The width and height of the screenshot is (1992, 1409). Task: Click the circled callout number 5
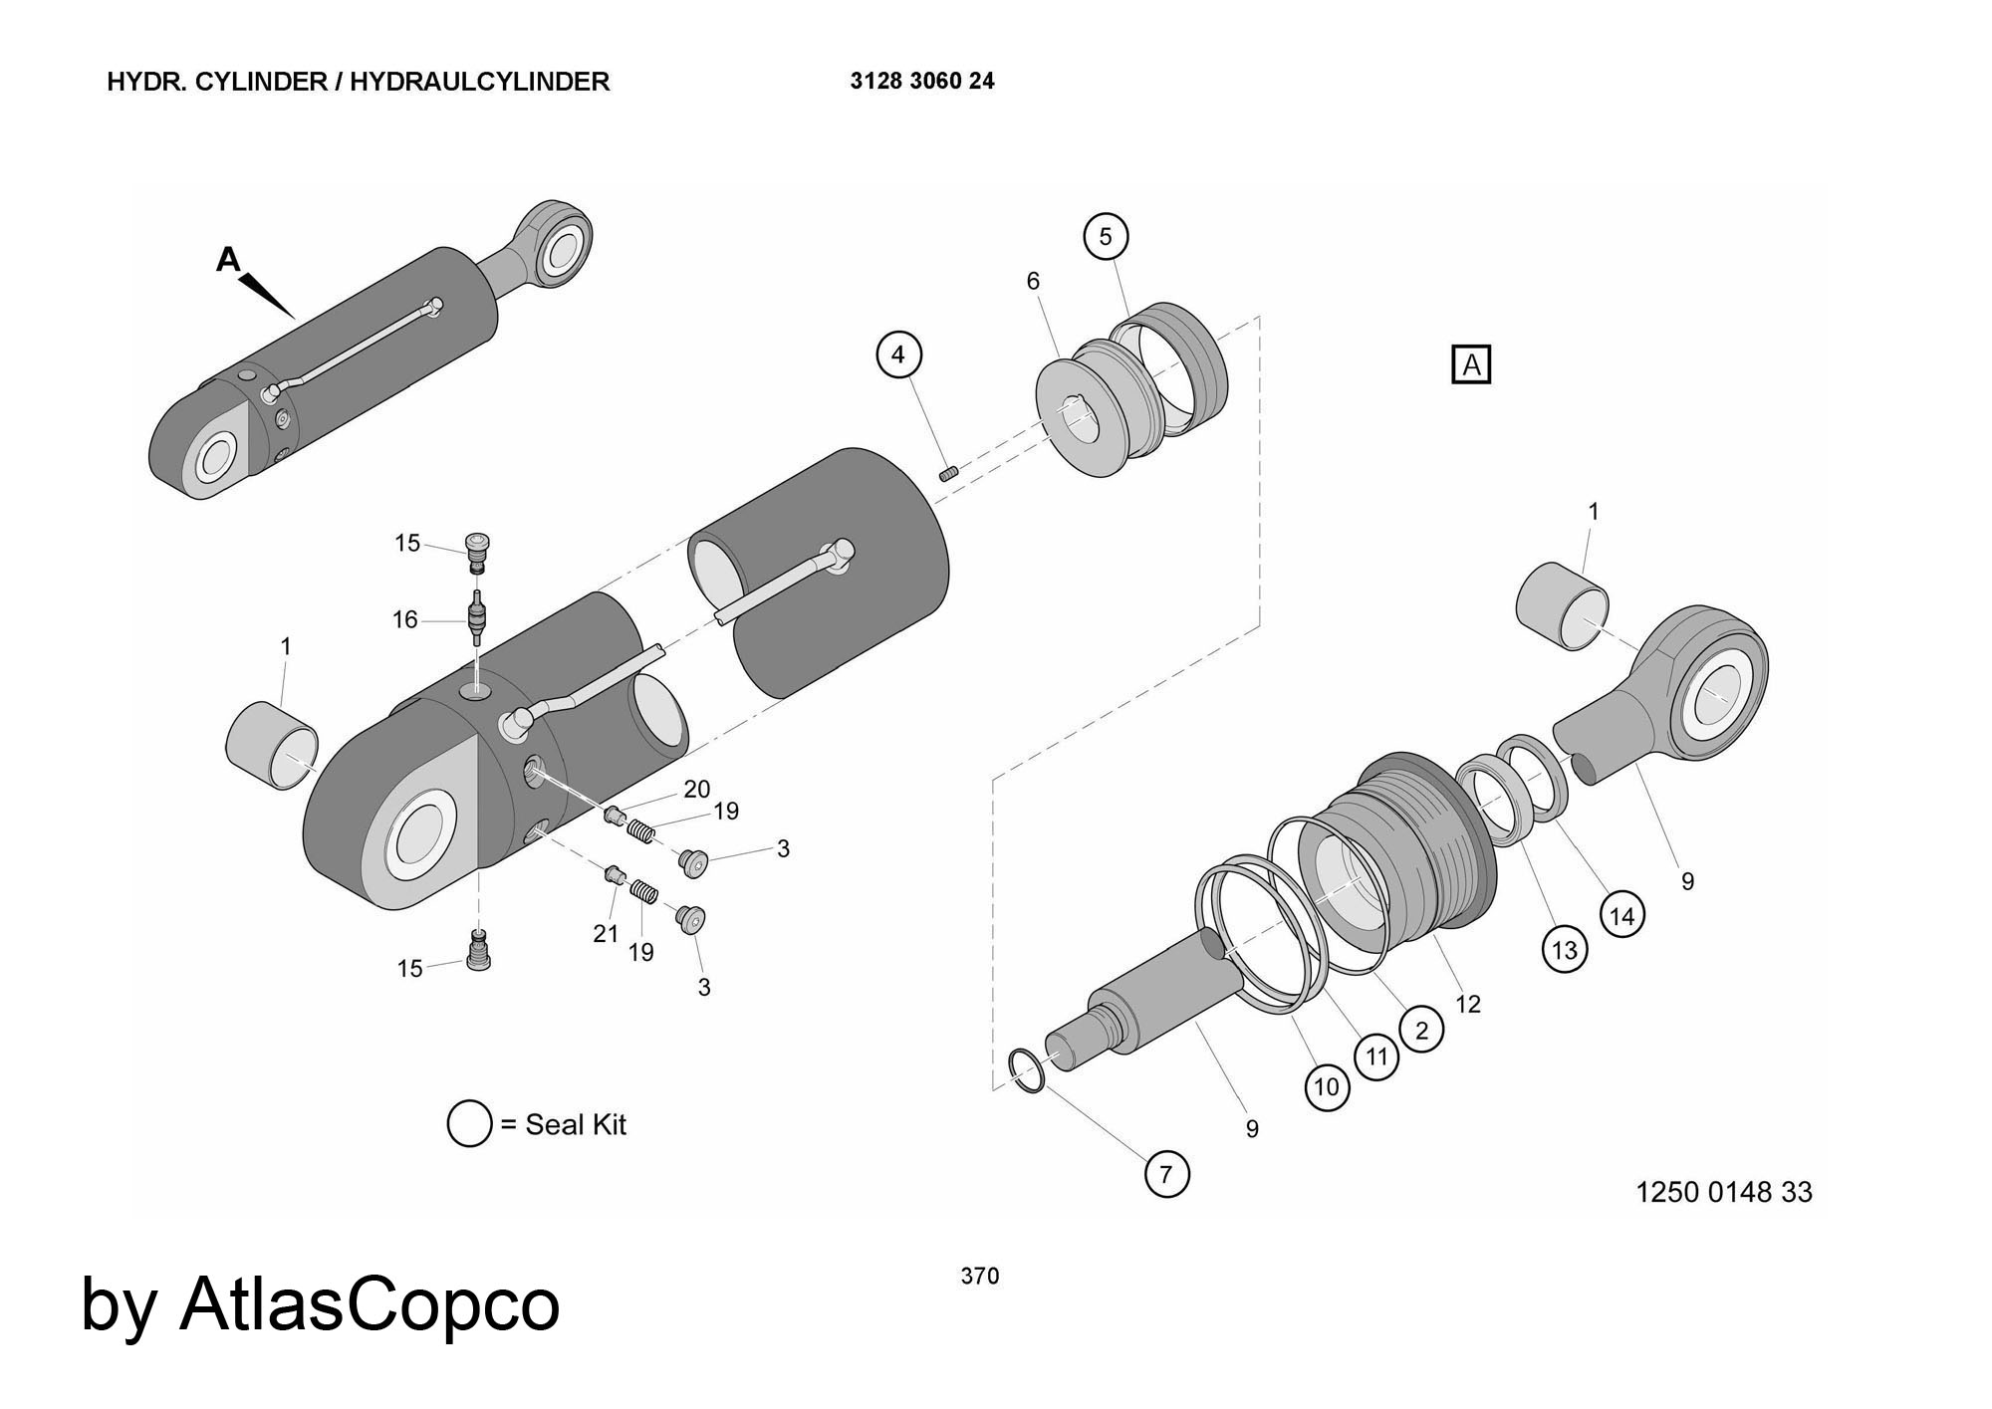[1106, 237]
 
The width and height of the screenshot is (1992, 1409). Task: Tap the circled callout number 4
[899, 354]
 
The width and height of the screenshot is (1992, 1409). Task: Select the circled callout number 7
[1166, 1174]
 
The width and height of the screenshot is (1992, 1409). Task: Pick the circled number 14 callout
[1622, 915]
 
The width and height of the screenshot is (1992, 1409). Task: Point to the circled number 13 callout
[1565, 949]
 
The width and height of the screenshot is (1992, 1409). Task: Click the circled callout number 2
[1421, 1030]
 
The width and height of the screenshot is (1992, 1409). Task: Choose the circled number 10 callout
[1327, 1086]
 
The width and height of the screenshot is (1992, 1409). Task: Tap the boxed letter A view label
[1471, 365]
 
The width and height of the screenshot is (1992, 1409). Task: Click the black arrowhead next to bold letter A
[268, 294]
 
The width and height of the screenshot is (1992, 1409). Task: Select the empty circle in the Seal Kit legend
[469, 1124]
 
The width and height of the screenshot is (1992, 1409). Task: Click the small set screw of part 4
[948, 473]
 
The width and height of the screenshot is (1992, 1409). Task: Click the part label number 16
[404, 619]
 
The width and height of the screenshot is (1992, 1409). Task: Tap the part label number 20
[696, 789]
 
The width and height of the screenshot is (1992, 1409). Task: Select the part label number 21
[606, 933]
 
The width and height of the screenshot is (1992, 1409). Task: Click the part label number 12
[1468, 1004]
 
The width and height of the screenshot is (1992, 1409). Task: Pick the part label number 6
[1033, 282]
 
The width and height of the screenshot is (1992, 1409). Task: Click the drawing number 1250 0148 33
[1723, 1192]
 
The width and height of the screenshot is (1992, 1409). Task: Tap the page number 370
[980, 1276]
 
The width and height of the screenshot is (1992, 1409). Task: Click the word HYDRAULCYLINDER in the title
[479, 82]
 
